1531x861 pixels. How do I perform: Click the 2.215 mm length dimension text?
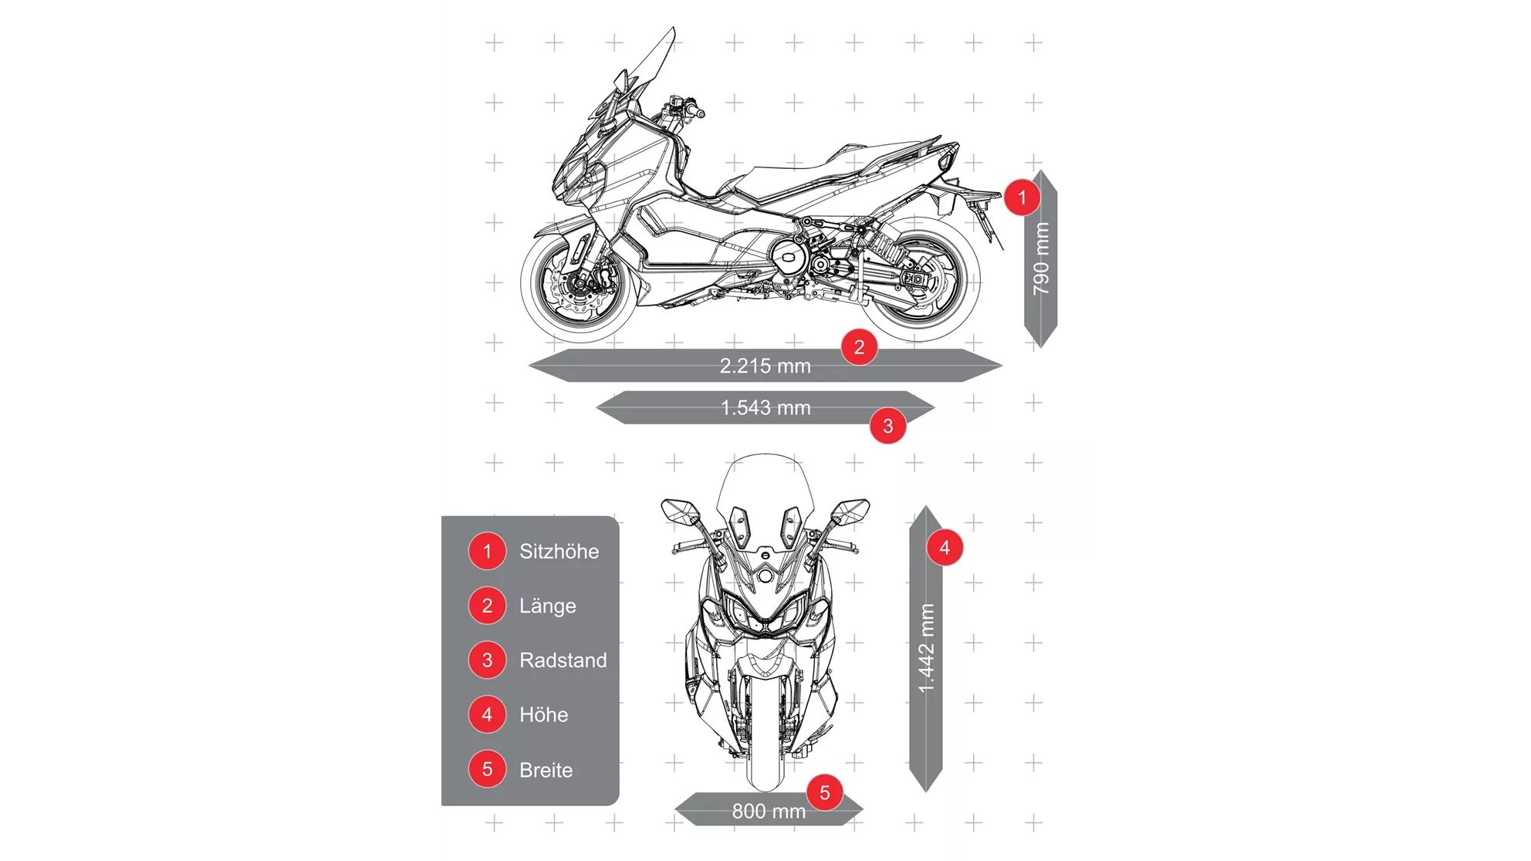coord(765,366)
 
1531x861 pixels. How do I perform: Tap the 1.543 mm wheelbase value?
coord(765,407)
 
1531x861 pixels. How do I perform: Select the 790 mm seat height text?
coord(1041,258)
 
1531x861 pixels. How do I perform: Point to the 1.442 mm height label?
coord(926,648)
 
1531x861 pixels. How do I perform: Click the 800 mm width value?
coord(768,811)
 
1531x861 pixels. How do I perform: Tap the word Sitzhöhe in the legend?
coord(559,552)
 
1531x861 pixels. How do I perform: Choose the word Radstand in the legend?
coord(563,660)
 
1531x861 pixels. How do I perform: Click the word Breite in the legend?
coord(546,770)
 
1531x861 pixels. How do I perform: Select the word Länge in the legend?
coord(547,606)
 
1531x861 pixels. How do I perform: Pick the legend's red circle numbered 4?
coord(487,714)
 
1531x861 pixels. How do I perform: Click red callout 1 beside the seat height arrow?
coord(1022,198)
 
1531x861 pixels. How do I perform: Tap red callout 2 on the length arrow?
coord(859,347)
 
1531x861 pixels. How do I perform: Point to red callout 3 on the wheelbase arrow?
coord(887,426)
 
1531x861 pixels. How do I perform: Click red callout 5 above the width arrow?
coord(824,792)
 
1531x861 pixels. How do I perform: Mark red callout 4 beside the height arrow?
coord(944,548)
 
